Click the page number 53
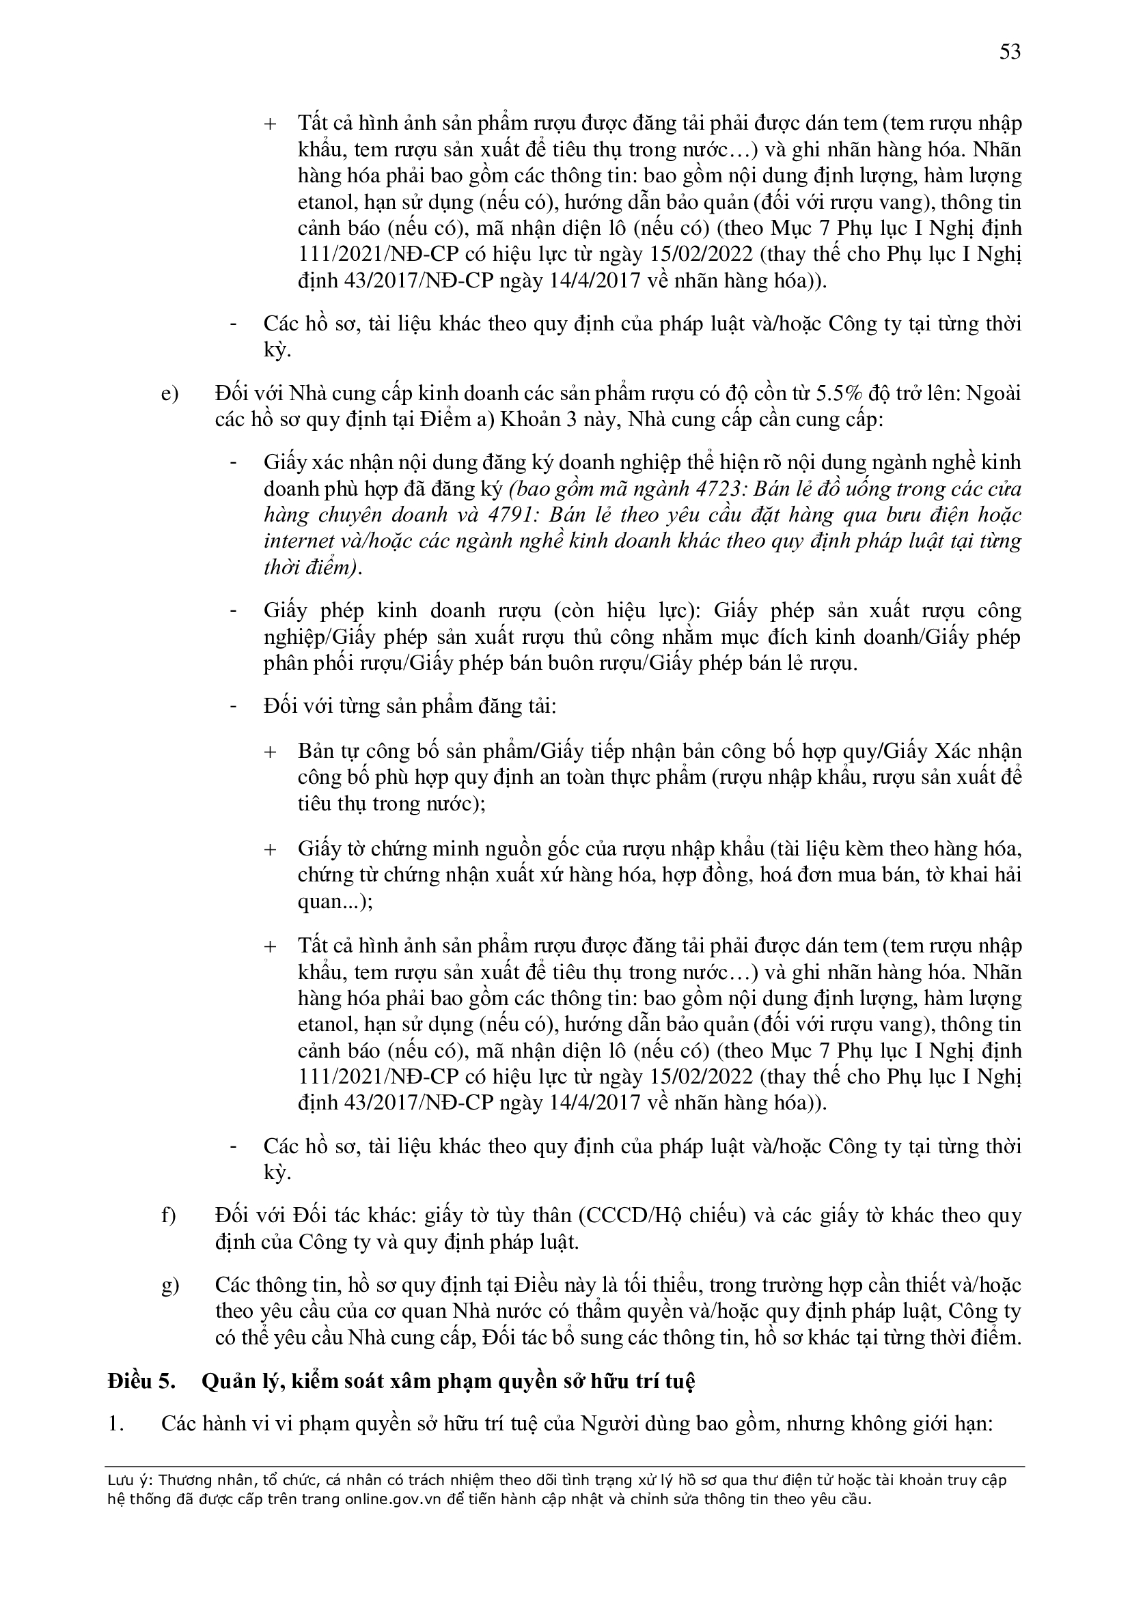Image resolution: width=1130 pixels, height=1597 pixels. [1010, 53]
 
